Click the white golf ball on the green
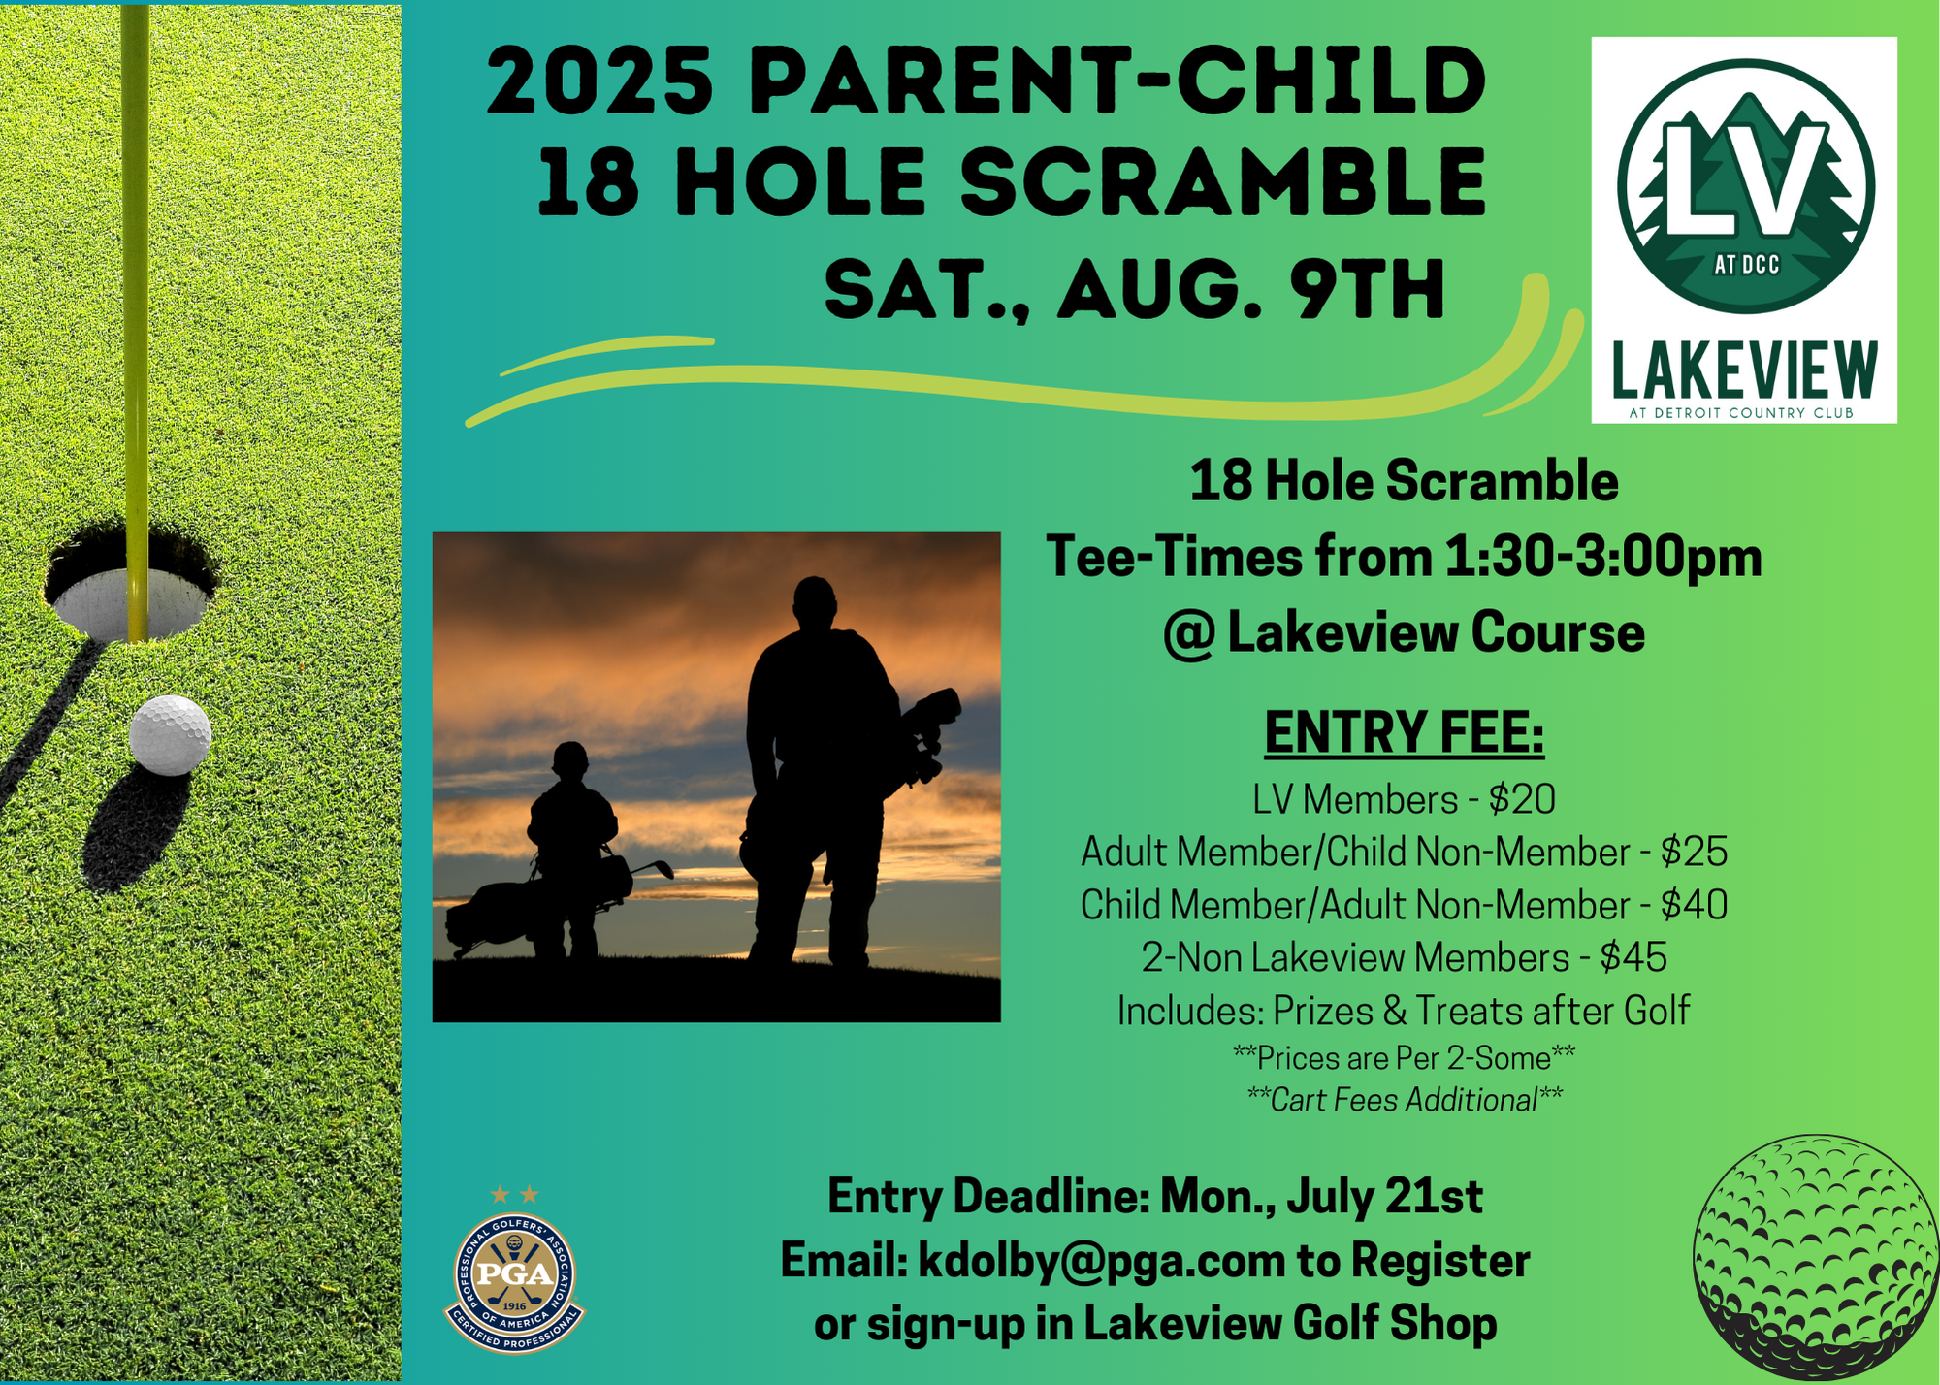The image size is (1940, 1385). (170, 734)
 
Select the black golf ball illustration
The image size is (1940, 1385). (1814, 1258)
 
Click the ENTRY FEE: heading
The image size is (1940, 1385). (1404, 732)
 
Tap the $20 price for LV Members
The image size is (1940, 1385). (1522, 799)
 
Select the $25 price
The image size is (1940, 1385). (1694, 852)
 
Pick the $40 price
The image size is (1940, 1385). (1694, 905)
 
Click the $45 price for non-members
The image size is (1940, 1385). (1633, 957)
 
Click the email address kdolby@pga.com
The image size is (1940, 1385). (1102, 1261)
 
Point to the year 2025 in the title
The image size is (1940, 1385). (600, 81)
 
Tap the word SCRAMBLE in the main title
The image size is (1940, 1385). (1223, 182)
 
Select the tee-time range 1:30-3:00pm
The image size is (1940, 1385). (1602, 558)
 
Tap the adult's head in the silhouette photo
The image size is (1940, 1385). (814, 602)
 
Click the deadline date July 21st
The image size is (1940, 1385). (1385, 1196)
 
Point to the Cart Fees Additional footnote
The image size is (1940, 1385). (1404, 1100)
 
